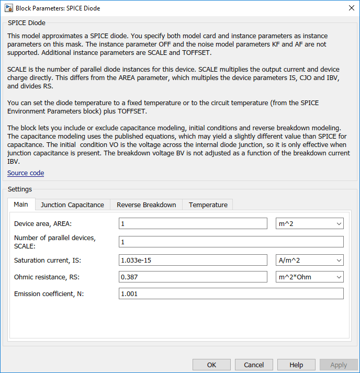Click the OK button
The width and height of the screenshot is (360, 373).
point(211,365)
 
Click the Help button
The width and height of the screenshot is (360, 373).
point(296,365)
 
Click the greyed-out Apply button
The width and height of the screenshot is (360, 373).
point(339,365)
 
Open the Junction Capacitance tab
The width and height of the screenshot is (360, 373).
point(72,205)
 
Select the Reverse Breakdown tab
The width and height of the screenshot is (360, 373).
point(146,205)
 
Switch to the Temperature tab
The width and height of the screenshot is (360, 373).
point(208,205)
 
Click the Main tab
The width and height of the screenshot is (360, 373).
point(21,204)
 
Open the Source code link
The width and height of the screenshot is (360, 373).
point(26,173)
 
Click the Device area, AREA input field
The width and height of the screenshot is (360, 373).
point(193,224)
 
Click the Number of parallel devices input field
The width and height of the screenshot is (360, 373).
point(231,242)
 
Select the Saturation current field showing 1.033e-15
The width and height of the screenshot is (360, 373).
point(193,260)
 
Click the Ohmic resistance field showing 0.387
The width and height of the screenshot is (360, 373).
point(193,277)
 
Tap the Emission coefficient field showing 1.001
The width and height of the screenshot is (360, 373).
point(231,294)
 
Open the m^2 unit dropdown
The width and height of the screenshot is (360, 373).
point(309,224)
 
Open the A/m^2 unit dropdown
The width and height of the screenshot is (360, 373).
point(309,260)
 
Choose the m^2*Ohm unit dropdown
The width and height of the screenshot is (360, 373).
point(309,277)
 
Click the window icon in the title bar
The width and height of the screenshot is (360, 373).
point(8,8)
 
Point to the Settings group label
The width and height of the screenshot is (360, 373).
point(19,189)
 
